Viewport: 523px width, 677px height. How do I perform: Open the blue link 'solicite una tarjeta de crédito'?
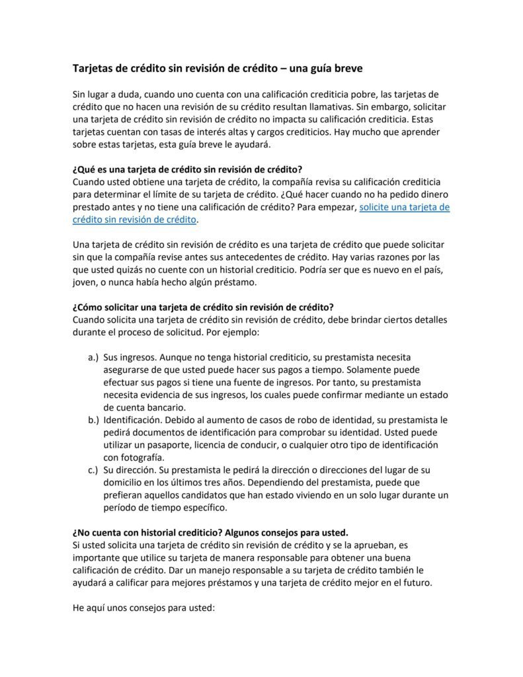404,207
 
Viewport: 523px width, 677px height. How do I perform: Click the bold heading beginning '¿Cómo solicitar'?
202,307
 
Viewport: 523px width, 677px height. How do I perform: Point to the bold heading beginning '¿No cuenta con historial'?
209,532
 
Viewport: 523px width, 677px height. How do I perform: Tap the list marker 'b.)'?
93,420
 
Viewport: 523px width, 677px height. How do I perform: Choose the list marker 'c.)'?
93,469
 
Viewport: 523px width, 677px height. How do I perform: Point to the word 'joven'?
85,282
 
